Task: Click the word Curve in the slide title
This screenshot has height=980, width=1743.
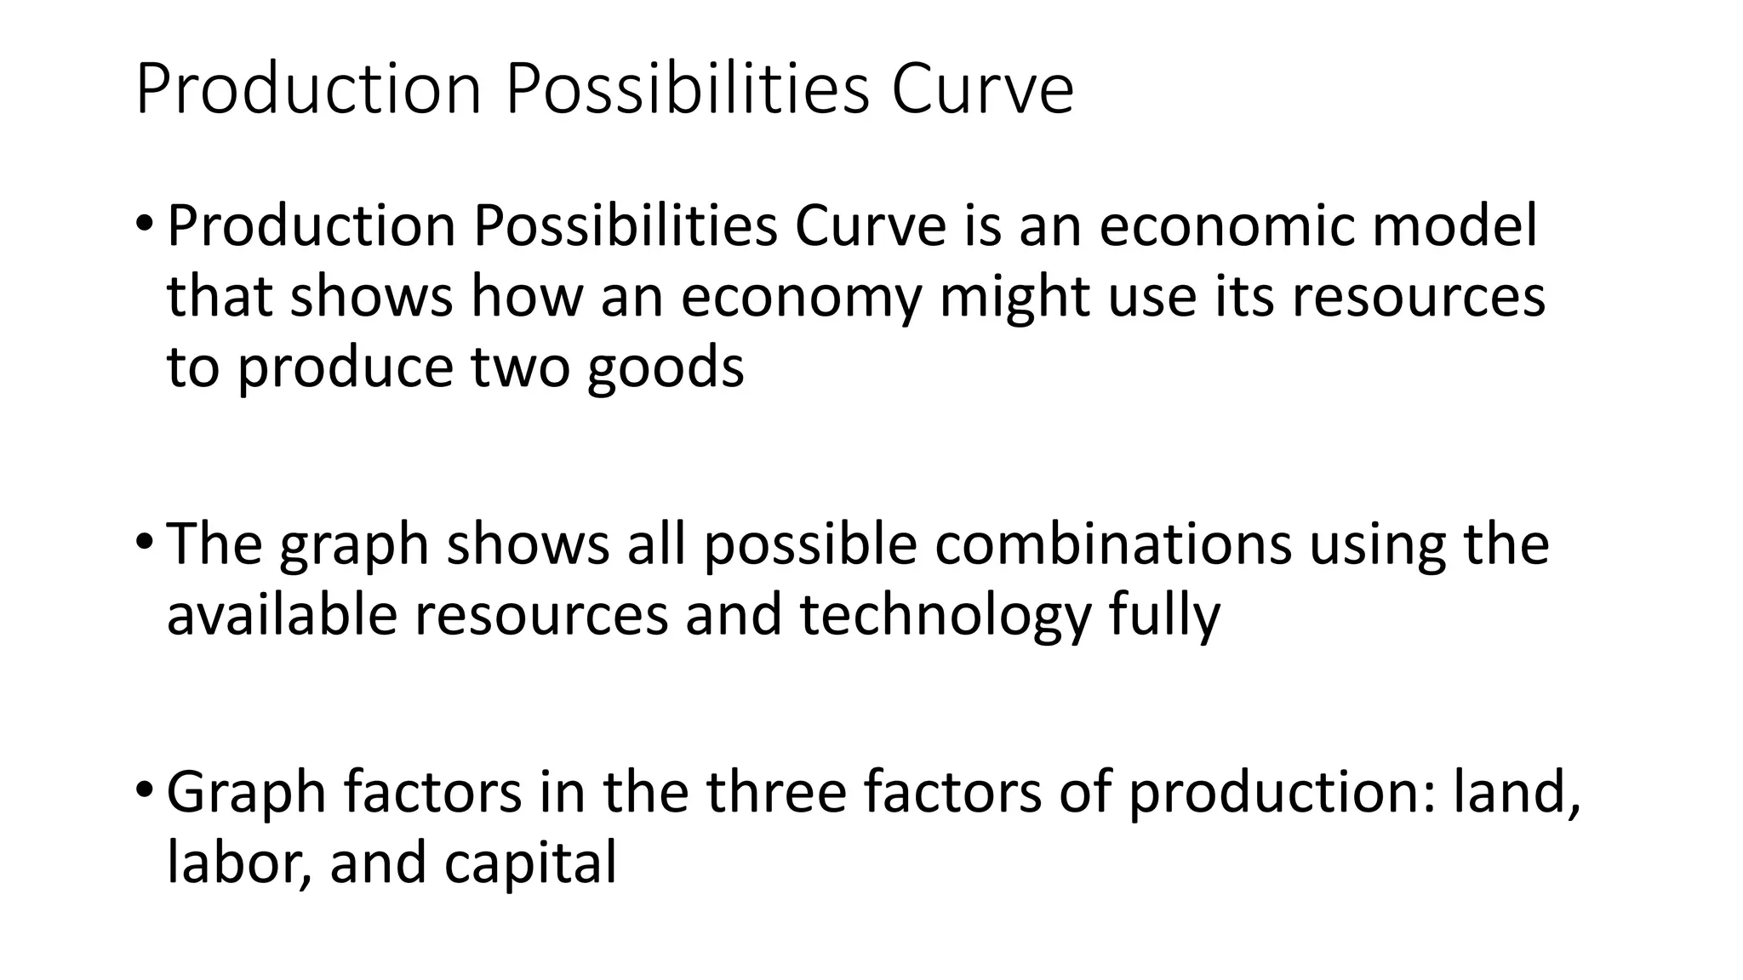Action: pyautogui.click(x=982, y=90)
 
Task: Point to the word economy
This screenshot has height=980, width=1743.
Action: pyautogui.click(x=801, y=298)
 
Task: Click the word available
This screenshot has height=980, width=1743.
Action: pyautogui.click(x=282, y=615)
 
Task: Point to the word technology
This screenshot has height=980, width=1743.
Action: pyautogui.click(x=946, y=615)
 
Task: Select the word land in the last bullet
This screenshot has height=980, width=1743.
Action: pyautogui.click(x=1516, y=792)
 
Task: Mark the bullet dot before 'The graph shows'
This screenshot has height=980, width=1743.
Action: pyautogui.click(x=144, y=542)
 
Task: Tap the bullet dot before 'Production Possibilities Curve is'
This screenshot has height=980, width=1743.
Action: pyautogui.click(x=144, y=224)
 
